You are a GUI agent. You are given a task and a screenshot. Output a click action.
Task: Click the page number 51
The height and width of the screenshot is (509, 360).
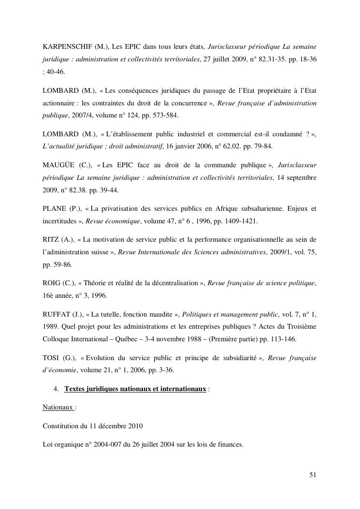click(x=313, y=475)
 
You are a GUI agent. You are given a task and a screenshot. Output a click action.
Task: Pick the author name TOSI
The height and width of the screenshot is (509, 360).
click(x=51, y=358)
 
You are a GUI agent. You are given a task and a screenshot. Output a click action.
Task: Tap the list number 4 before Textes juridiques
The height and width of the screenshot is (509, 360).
click(x=56, y=389)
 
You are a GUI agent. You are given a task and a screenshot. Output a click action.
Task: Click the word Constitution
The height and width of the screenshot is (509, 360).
click(x=60, y=426)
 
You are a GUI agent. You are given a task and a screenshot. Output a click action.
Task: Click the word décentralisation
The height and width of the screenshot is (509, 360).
click(x=171, y=283)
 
